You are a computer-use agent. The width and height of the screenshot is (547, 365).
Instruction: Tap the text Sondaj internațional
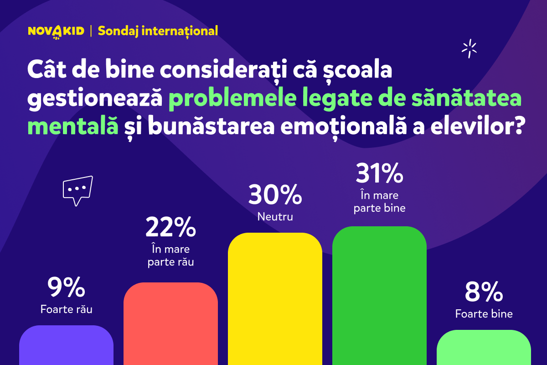click(158, 31)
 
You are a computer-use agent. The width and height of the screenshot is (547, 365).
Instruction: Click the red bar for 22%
click(170, 324)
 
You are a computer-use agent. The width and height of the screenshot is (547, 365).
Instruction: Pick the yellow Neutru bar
click(275, 299)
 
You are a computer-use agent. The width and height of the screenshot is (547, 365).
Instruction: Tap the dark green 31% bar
click(379, 296)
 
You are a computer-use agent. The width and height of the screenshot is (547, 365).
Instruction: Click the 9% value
click(66, 287)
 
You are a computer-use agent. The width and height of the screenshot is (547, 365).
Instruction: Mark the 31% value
click(379, 173)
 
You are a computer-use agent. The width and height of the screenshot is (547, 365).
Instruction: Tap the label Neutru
click(275, 216)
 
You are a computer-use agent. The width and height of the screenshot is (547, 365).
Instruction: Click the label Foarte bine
click(484, 314)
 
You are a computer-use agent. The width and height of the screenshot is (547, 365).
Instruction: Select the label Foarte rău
click(66, 309)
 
